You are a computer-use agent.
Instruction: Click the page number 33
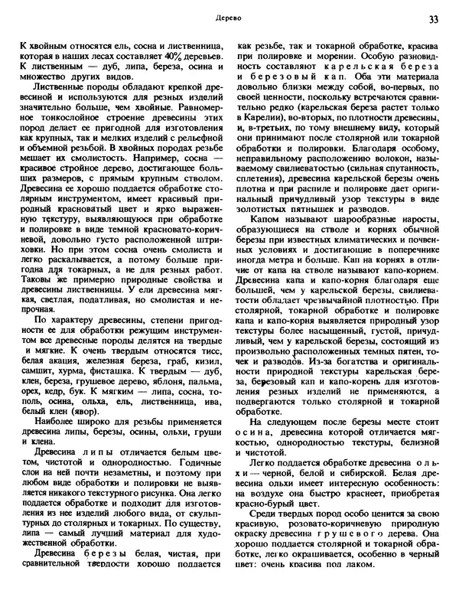point(434,18)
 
